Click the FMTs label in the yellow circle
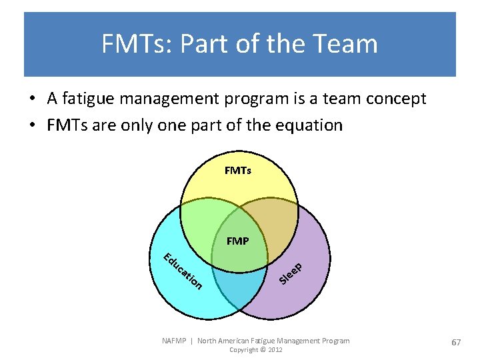pos(238,171)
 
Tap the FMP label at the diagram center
pos(237,241)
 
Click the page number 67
pos(456,342)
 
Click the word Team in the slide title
pos(347,44)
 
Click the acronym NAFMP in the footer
pos(175,341)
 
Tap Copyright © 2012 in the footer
pos(255,350)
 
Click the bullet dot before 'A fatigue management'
pos(32,99)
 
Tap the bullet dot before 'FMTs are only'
pos(32,125)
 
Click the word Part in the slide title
pos(206,44)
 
